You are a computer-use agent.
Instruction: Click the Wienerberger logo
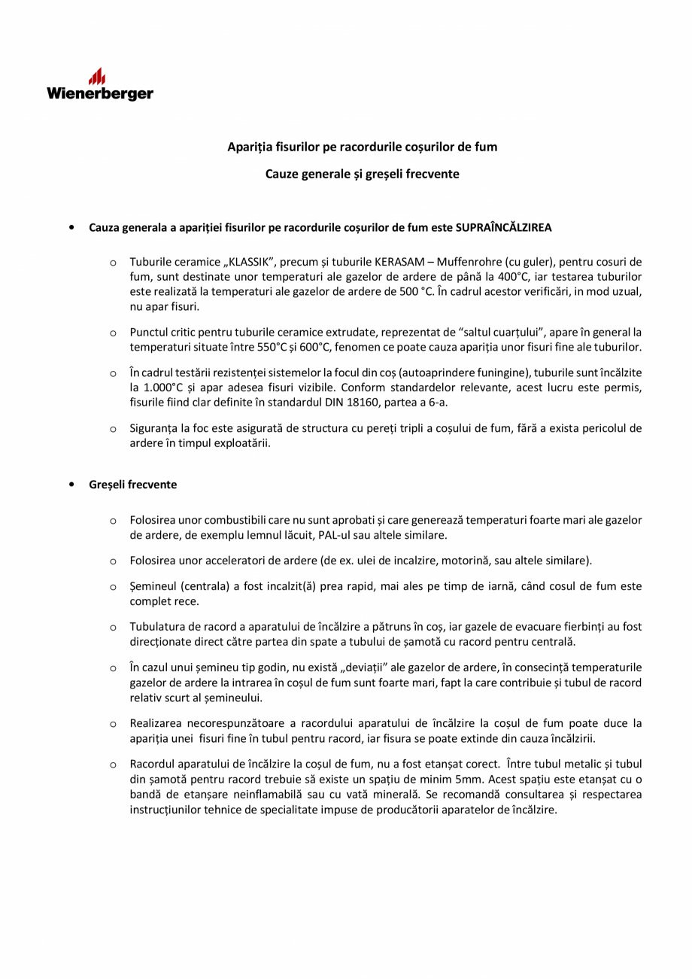[100, 85]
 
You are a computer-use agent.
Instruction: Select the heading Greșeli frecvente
[132, 485]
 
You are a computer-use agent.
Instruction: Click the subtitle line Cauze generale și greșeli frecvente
[362, 174]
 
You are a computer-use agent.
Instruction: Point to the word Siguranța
[153, 428]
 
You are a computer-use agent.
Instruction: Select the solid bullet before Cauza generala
[71, 227]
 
